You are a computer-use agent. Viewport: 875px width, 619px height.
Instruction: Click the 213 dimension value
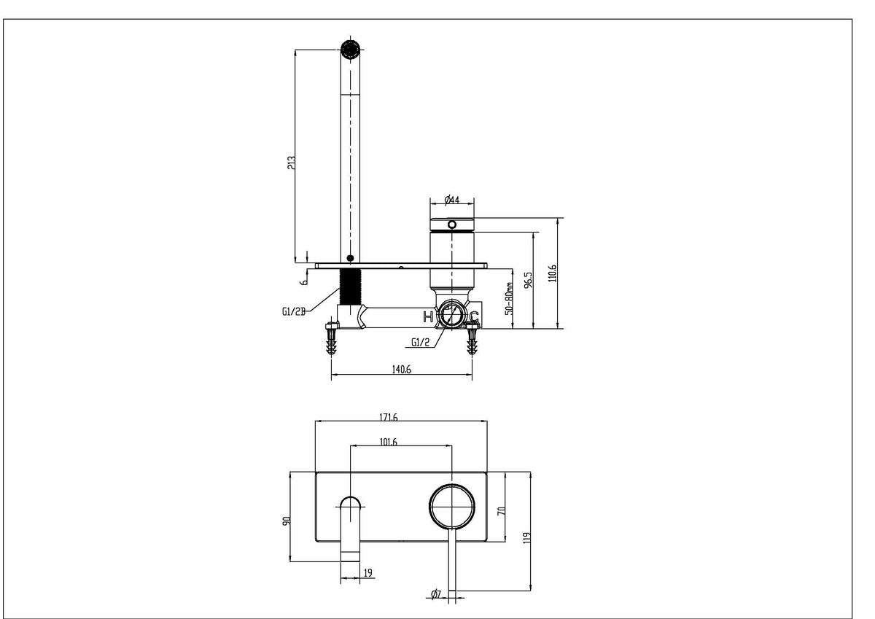point(292,163)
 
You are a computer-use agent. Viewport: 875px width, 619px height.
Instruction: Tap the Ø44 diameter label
point(452,200)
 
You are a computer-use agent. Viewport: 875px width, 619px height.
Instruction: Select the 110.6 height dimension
point(552,273)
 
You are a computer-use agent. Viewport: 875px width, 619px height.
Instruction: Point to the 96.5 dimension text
point(528,280)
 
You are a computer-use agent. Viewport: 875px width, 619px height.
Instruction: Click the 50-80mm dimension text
point(509,298)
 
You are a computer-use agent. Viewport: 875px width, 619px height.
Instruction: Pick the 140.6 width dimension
point(402,369)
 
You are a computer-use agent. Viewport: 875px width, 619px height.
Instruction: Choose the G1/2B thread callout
point(293,311)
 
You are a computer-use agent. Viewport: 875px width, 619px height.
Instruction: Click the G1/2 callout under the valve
point(420,342)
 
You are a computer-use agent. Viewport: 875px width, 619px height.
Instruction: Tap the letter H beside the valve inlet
point(429,316)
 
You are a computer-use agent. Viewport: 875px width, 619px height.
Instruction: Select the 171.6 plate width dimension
point(388,417)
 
